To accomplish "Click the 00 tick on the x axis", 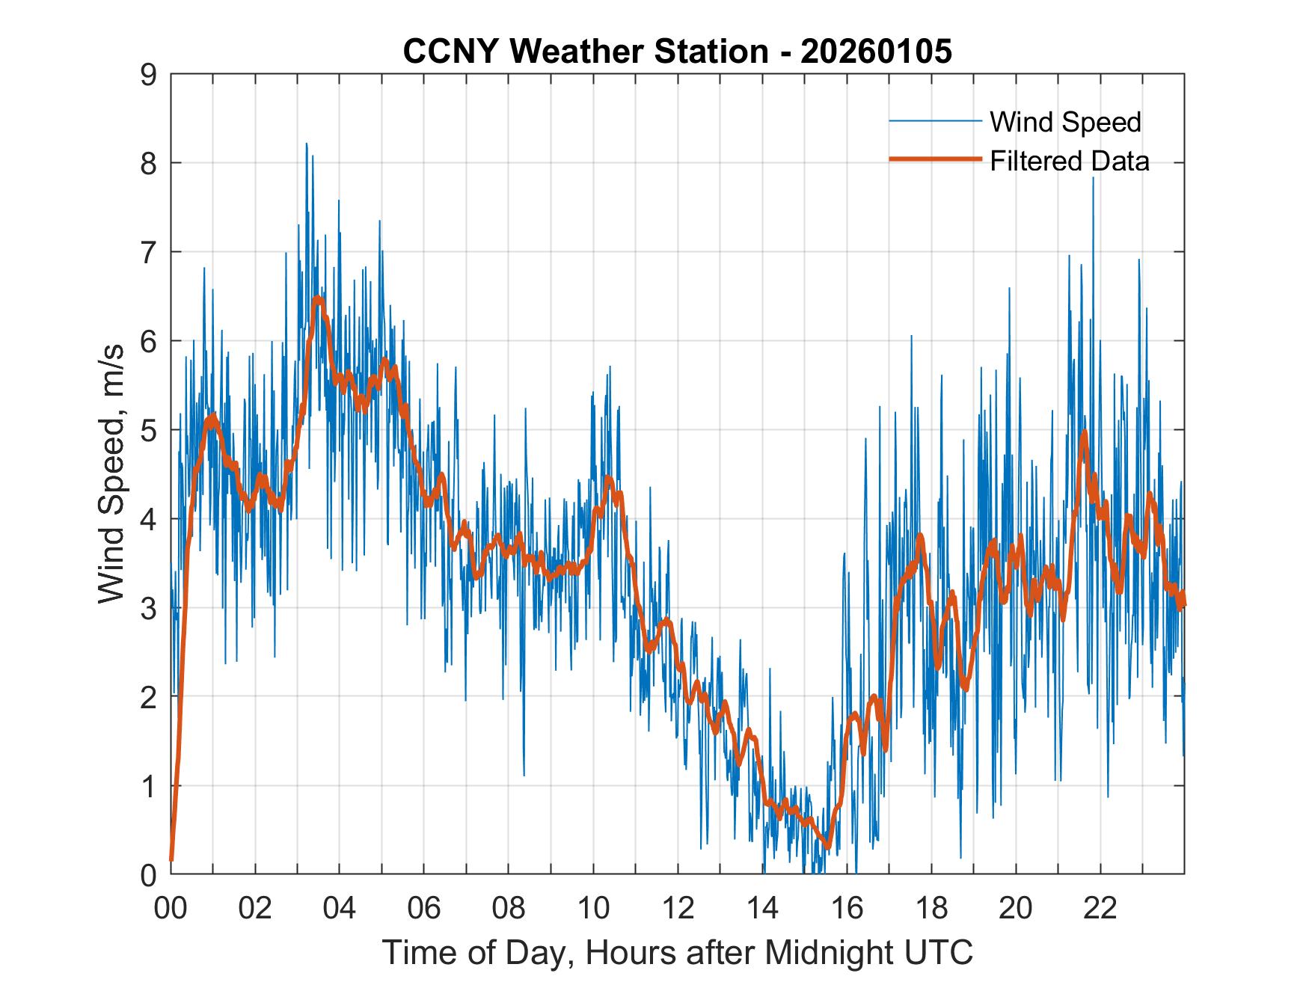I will (x=171, y=909).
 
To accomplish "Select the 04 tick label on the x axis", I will (x=340, y=909).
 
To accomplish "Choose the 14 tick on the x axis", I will (x=762, y=909).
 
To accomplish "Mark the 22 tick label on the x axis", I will (x=1100, y=909).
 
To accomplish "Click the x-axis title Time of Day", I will (x=677, y=952).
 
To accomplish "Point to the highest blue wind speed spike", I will (x=306, y=144).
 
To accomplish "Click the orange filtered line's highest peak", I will (x=318, y=299).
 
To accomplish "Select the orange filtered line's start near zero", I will (x=172, y=859).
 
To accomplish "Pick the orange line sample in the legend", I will (x=935, y=159).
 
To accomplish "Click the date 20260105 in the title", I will (x=876, y=52).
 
